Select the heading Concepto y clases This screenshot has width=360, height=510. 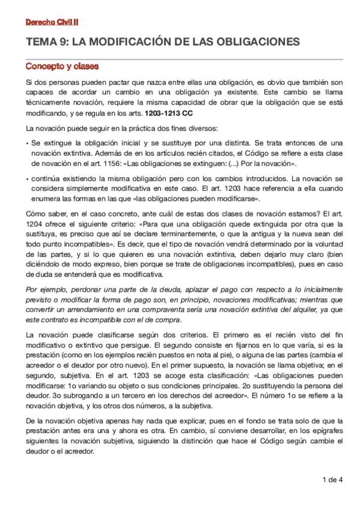[x=63, y=66]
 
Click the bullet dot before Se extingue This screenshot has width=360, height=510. [x=27, y=144]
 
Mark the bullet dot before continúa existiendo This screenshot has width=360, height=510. [x=27, y=179]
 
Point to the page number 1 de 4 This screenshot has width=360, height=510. [x=332, y=479]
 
